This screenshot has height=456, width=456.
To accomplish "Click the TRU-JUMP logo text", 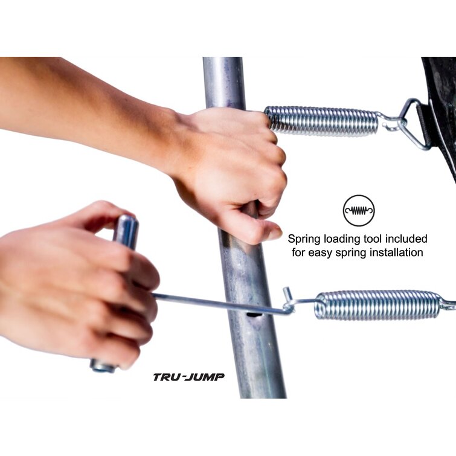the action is click(188, 377).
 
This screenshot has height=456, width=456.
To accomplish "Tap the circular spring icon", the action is click(359, 211).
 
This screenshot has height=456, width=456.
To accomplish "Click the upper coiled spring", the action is click(322, 121).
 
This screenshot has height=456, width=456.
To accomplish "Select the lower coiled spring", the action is click(378, 306).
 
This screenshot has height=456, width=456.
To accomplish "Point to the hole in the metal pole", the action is click(252, 315).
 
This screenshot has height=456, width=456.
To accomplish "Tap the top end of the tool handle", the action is click(127, 219).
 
